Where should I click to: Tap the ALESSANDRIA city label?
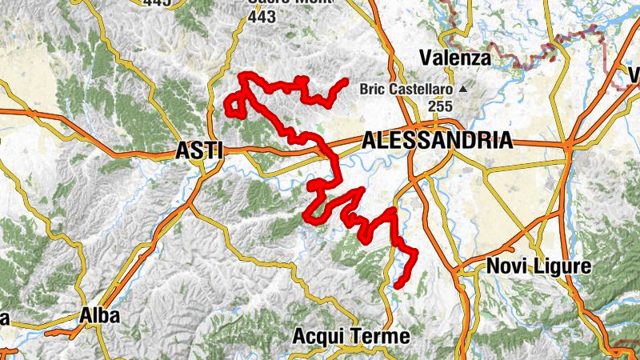pyautogui.click(x=437, y=141)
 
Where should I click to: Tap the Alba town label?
pyautogui.click(x=99, y=316)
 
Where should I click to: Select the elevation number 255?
pyautogui.click(x=440, y=106)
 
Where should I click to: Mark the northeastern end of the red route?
pyautogui.click(x=345, y=81)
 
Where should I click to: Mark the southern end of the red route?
pyautogui.click(x=398, y=285)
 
